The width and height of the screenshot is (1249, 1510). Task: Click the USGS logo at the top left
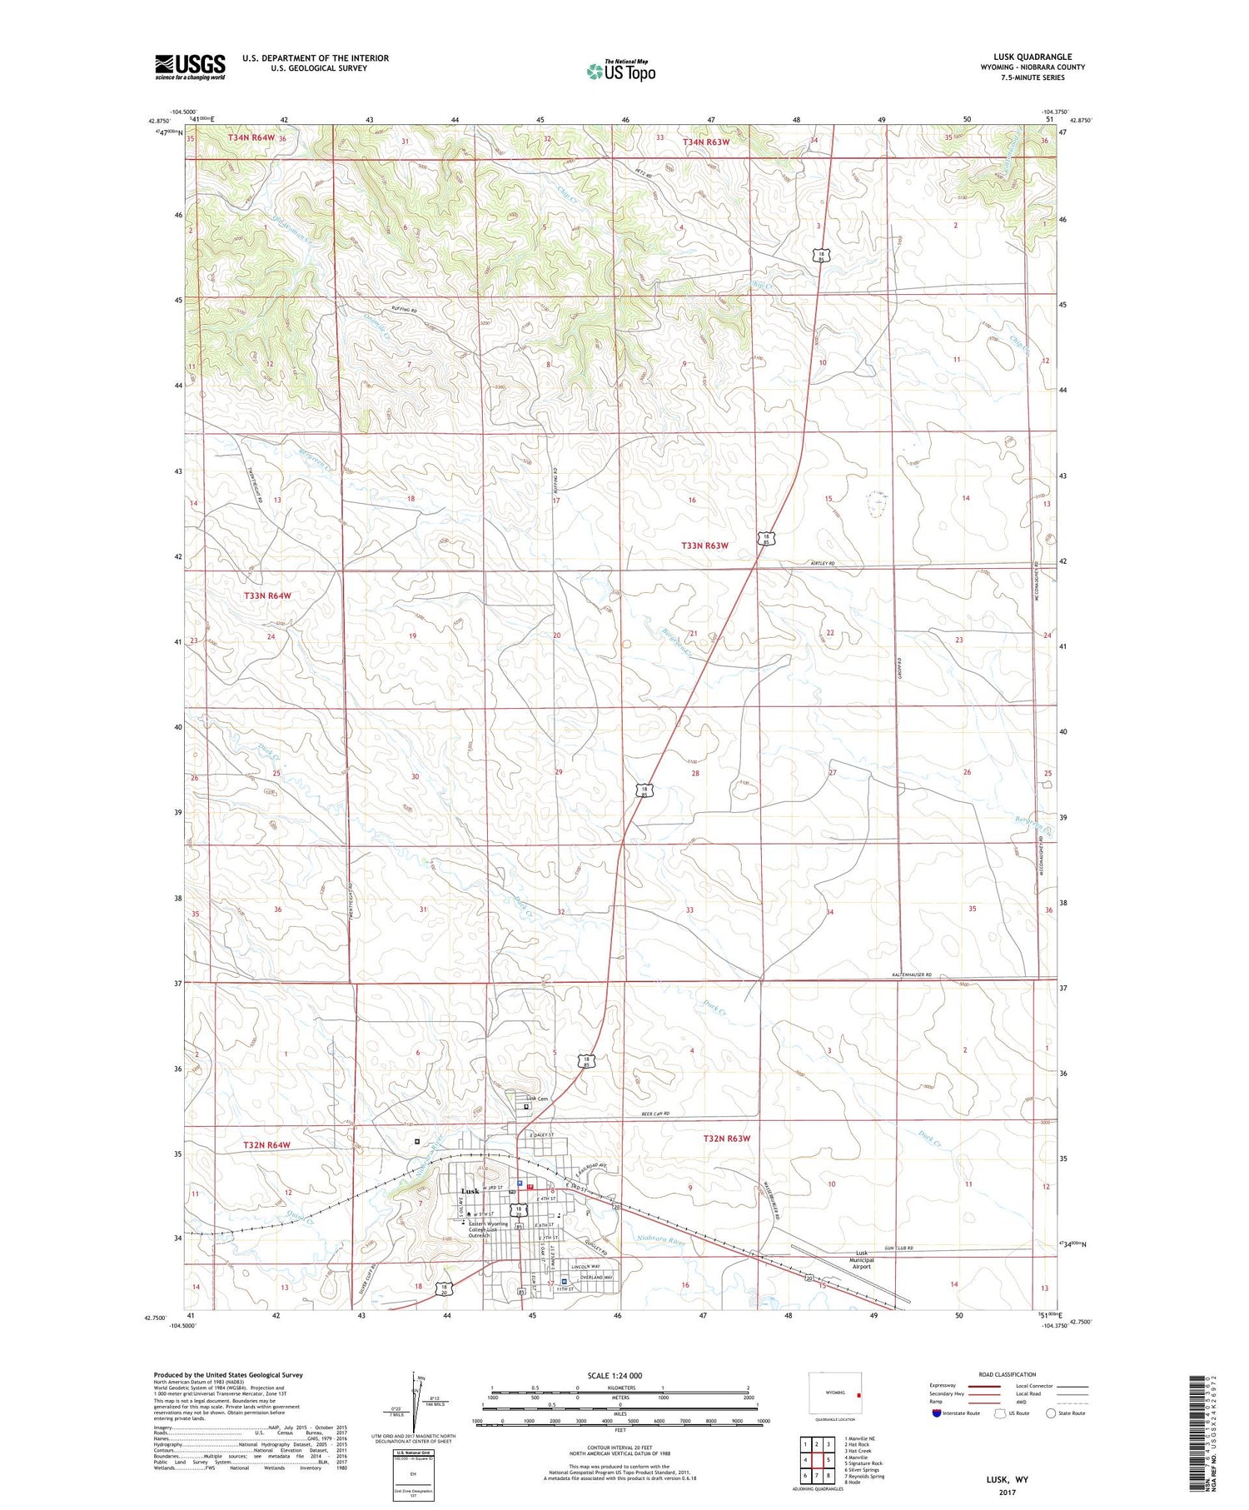coord(190,67)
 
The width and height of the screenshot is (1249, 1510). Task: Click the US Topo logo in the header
coord(620,72)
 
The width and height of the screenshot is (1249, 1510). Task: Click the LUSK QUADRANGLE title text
coord(1033,57)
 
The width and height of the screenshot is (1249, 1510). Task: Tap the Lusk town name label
coord(470,1191)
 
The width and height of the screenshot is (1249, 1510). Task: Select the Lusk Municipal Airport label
coord(861,1260)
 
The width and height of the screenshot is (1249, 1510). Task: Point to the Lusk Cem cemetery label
coord(537,1099)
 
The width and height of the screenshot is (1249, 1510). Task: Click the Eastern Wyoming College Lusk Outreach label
coord(488,1229)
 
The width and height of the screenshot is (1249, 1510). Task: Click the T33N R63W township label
coord(704,546)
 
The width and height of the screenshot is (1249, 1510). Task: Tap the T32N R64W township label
coord(266,1145)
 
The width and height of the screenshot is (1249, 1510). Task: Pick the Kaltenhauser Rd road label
coord(914,974)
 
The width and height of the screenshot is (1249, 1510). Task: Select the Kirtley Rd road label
coord(822,564)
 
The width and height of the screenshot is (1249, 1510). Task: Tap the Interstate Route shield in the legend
coord(937,1413)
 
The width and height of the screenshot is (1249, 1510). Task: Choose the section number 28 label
coord(695,773)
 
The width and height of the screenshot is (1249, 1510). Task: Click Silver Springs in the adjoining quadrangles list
coord(863,1470)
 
